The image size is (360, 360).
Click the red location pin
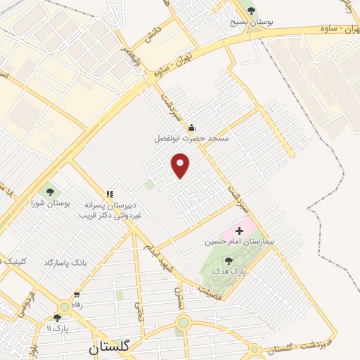click(x=181, y=165)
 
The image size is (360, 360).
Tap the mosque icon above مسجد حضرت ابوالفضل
click(x=192, y=127)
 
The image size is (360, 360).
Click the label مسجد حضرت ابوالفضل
click(x=192, y=139)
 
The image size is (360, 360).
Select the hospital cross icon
click(x=240, y=230)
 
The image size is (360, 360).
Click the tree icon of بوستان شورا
click(x=50, y=191)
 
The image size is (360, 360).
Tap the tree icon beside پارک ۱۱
click(x=58, y=318)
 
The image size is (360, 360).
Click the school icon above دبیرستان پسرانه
click(x=109, y=194)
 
